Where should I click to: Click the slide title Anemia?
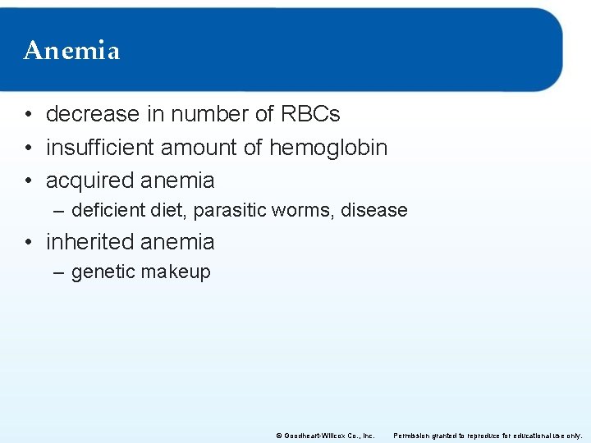[x=72, y=51]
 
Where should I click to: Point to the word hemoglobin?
[x=328, y=148]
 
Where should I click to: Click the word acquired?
[x=87, y=180]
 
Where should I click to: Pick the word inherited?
[x=89, y=242]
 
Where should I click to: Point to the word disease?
[x=374, y=211]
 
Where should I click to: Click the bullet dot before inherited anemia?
[x=29, y=243]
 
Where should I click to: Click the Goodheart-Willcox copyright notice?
[x=325, y=436]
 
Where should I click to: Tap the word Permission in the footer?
[x=414, y=436]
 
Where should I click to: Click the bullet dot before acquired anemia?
[x=29, y=180]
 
